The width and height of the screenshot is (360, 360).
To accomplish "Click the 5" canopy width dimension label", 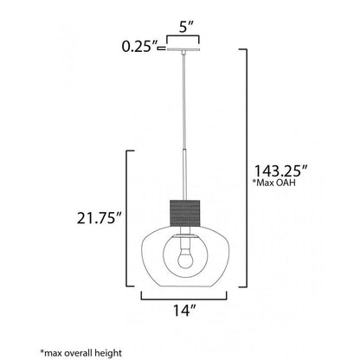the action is [186, 27].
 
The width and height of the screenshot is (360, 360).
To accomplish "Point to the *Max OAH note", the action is [274, 183].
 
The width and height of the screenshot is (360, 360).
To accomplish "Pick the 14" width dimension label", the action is [184, 311].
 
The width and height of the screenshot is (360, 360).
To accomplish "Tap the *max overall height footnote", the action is [81, 353].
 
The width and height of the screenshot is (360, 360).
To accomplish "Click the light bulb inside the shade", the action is [185, 258].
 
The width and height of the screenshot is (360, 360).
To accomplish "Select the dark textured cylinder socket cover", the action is [185, 213].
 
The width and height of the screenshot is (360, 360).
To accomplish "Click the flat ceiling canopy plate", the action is [183, 49].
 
